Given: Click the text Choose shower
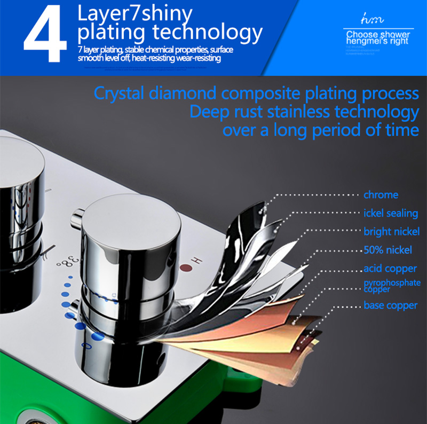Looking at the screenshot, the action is (x=377, y=35).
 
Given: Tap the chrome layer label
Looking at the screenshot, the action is (x=381, y=195).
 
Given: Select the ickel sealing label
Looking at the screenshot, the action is (x=391, y=213).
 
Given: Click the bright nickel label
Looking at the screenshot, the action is (x=391, y=232).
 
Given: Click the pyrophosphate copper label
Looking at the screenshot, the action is (x=392, y=286).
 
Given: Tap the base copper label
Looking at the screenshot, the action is (x=390, y=305).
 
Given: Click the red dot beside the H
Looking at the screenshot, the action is (x=185, y=268).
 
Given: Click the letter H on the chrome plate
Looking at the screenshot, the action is (x=196, y=260).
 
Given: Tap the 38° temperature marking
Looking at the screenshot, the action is (x=69, y=263).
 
